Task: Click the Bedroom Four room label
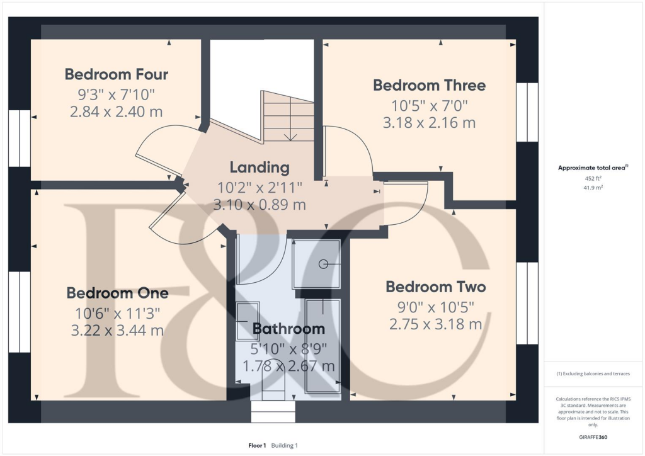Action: point(117,74)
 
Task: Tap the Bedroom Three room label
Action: point(430,86)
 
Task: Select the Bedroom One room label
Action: point(118,293)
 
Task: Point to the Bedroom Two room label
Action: point(436,287)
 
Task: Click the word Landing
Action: point(260,168)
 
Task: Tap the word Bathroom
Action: point(288,329)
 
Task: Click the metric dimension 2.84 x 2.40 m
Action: point(117,112)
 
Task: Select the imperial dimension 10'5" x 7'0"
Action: point(430,106)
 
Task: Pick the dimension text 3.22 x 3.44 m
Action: point(118,331)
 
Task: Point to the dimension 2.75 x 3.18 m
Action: point(436,324)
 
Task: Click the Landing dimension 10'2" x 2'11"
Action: point(260,188)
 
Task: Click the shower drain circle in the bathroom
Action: point(323,264)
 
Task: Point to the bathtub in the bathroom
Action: point(323,346)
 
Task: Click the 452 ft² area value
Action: point(593,178)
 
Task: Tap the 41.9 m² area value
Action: point(593,188)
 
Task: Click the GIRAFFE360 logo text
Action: point(593,437)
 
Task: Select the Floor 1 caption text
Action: point(257,445)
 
